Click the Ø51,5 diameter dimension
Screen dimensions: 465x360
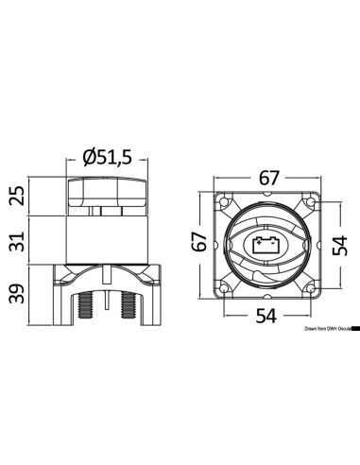tap(106, 159)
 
